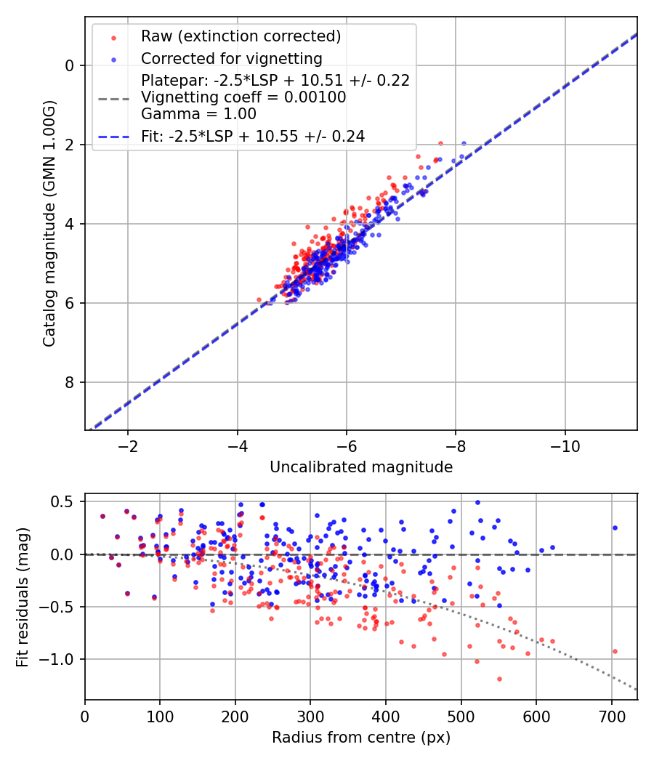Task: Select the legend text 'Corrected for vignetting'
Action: click(x=232, y=58)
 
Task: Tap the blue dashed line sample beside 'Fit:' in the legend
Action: click(x=113, y=136)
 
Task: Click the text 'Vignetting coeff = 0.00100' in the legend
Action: click(x=243, y=97)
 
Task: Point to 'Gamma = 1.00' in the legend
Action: click(x=198, y=114)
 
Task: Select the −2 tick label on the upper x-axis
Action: click(x=128, y=445)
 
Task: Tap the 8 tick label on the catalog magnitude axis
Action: click(x=70, y=382)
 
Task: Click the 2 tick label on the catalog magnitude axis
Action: click(x=70, y=145)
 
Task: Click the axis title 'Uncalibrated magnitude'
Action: click(x=361, y=467)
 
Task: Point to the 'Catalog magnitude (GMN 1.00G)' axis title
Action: click(x=49, y=223)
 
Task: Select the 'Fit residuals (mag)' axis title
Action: click(x=23, y=597)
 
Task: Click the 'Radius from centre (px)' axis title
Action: click(x=361, y=738)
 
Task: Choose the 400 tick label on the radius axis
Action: click(x=386, y=716)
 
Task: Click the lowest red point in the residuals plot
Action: click(x=499, y=679)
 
